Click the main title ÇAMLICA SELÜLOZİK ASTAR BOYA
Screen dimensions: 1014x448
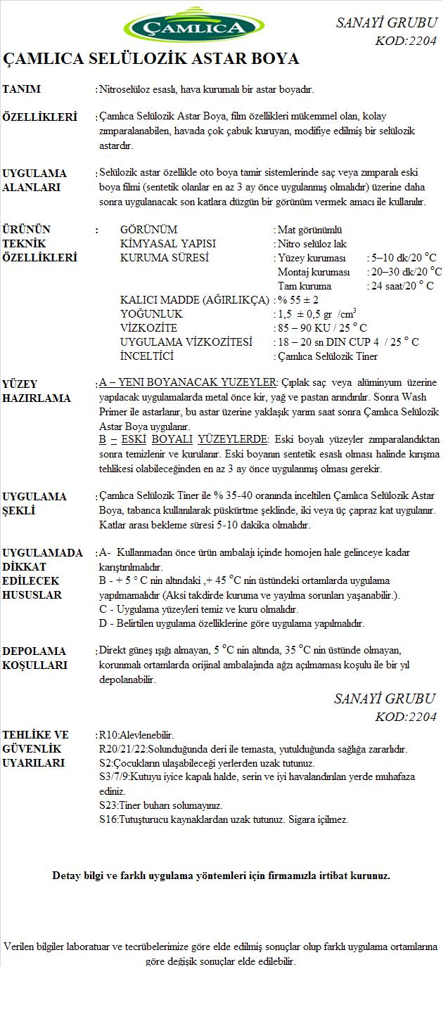pyautogui.click(x=151, y=58)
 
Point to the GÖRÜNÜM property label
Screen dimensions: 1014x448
pyautogui.click(x=148, y=230)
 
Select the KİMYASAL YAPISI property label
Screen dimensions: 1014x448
pyautogui.click(x=168, y=244)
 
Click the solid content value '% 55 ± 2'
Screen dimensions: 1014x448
pyautogui.click(x=299, y=300)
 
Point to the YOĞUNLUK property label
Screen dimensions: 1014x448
pyautogui.click(x=151, y=314)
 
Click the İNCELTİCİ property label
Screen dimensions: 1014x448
pyautogui.click(x=147, y=356)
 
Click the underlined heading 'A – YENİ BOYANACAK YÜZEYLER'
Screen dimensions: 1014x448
pyautogui.click(x=188, y=383)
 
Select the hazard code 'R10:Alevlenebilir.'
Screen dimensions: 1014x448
pyautogui.click(x=137, y=735)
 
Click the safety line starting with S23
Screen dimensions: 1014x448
pyautogui.click(x=161, y=805)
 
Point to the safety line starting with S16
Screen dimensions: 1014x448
pyautogui.click(x=224, y=819)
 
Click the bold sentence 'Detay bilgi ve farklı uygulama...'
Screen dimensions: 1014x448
pyautogui.click(x=221, y=876)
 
